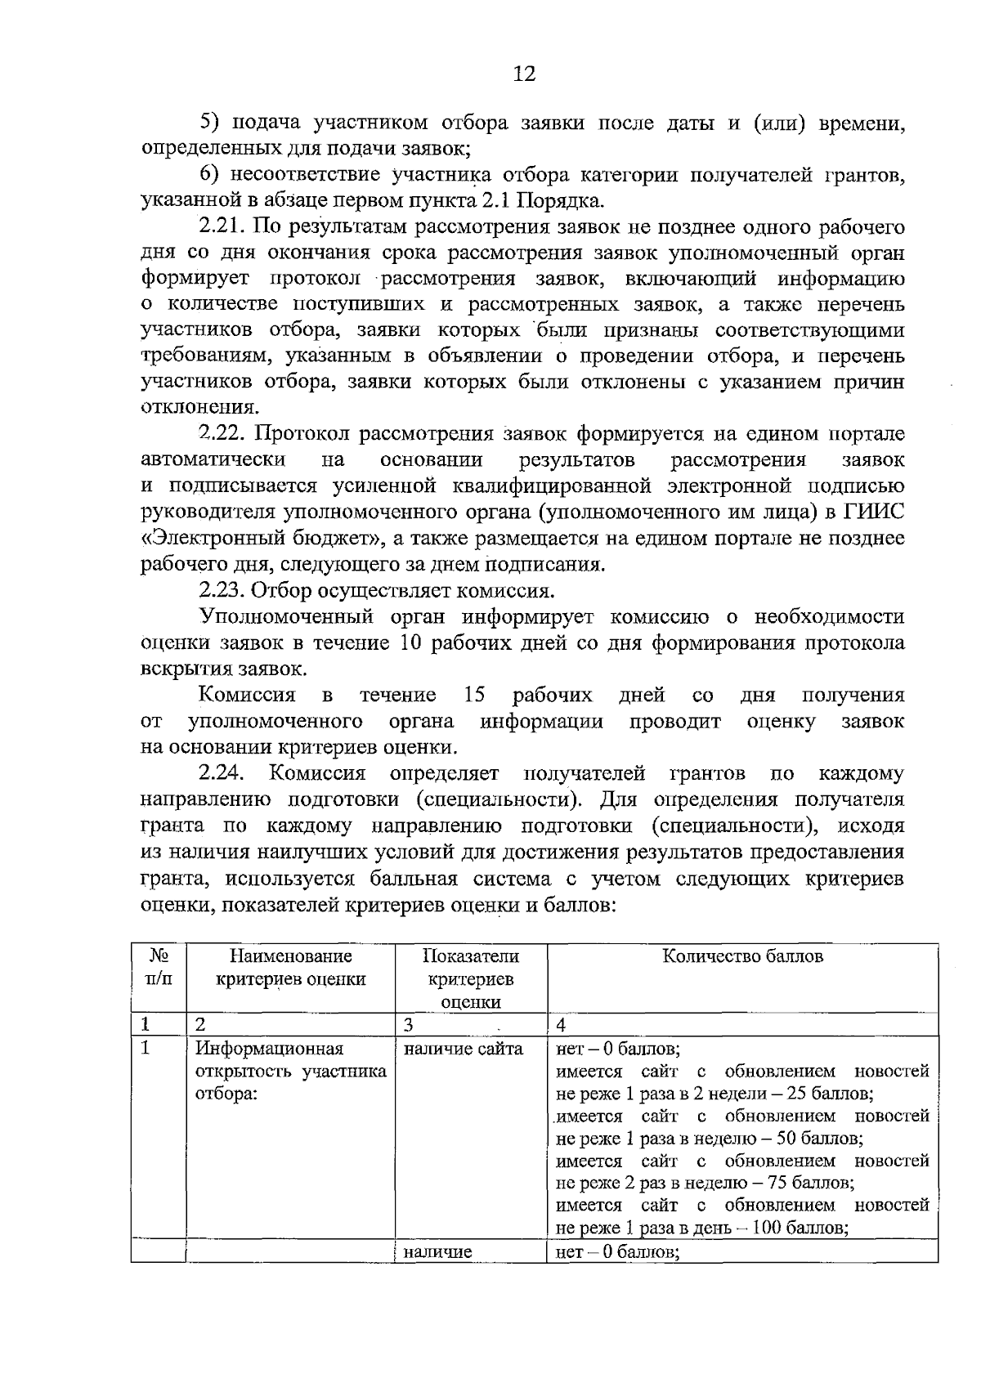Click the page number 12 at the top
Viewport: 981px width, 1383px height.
point(523,74)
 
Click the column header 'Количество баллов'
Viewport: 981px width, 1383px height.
point(741,956)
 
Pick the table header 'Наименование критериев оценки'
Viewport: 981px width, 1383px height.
point(290,968)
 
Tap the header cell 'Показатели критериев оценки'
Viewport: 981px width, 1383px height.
point(470,978)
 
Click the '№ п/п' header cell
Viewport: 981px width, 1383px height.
point(159,967)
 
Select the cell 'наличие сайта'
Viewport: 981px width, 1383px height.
point(464,1049)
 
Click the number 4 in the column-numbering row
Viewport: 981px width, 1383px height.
point(561,1025)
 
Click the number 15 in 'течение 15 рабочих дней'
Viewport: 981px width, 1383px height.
point(474,696)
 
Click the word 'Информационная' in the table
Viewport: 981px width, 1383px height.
point(270,1049)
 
